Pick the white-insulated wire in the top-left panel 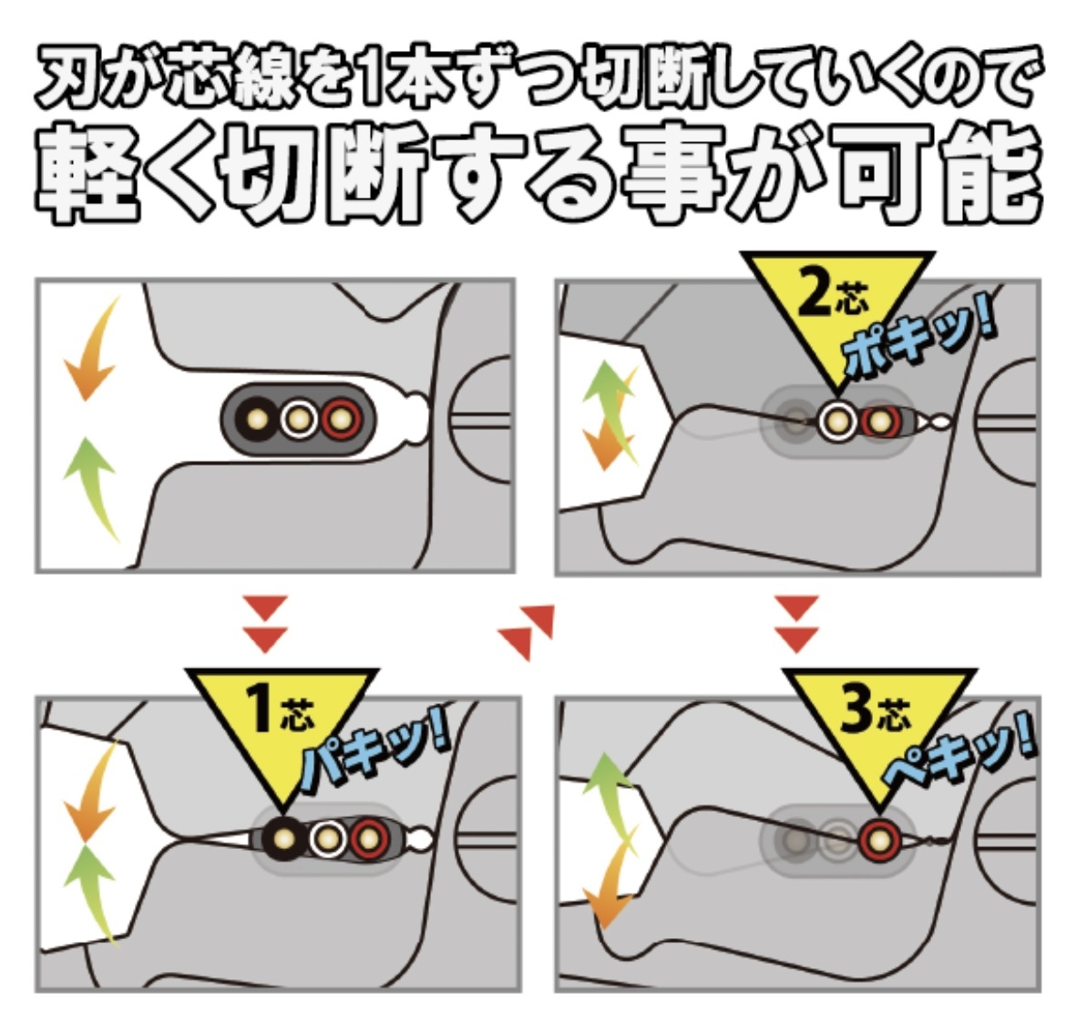click(298, 418)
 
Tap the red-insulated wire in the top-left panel click(342, 418)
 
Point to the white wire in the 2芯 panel click(834, 420)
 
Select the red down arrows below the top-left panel click(267, 624)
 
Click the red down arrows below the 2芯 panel click(798, 624)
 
